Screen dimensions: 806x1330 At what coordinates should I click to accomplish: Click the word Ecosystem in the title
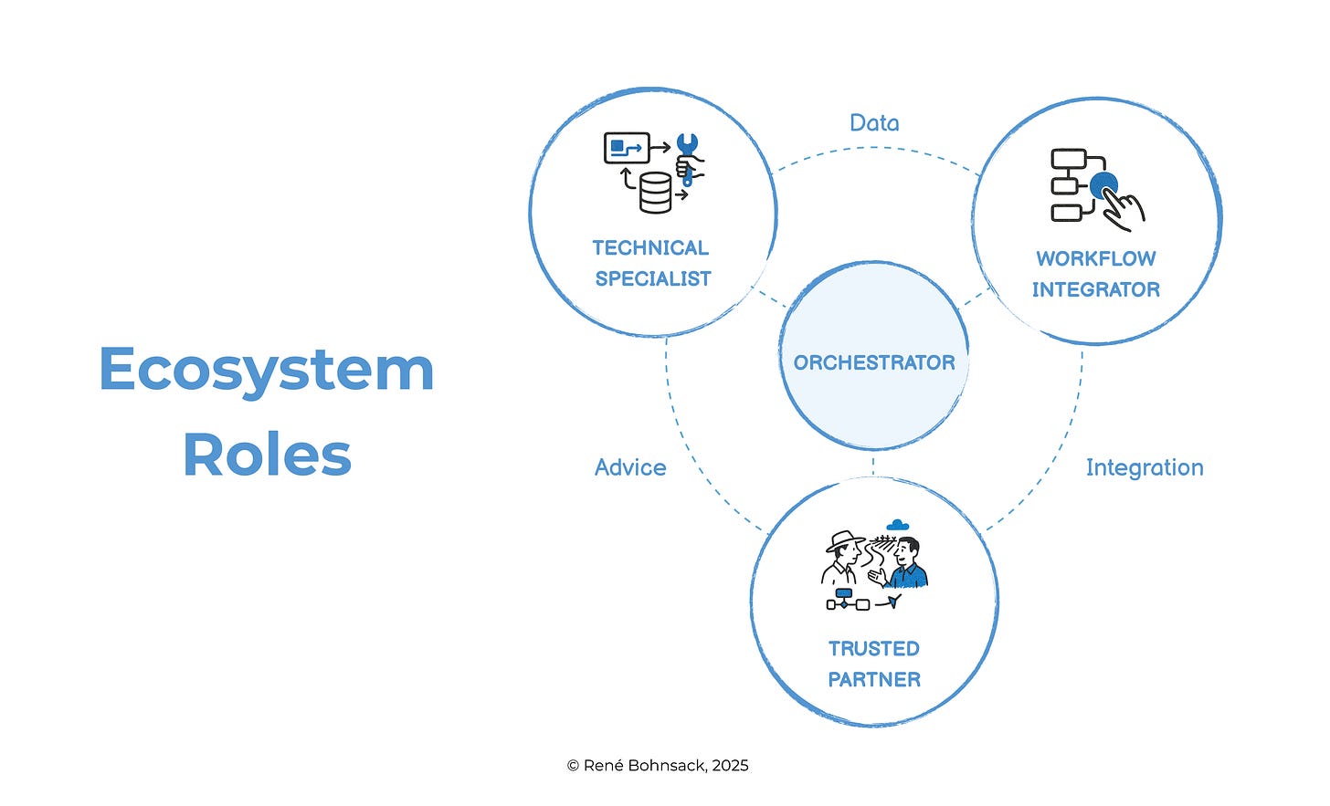pyautogui.click(x=266, y=370)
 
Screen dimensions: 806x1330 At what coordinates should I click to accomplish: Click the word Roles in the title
pyautogui.click(x=267, y=455)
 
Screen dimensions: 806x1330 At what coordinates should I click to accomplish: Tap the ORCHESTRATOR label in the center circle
pyautogui.click(x=873, y=362)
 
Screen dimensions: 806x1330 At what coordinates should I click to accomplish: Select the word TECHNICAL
pyautogui.click(x=650, y=248)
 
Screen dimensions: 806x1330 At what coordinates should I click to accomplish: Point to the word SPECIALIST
pyautogui.click(x=652, y=279)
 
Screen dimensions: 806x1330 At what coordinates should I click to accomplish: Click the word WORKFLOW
pyautogui.click(x=1095, y=259)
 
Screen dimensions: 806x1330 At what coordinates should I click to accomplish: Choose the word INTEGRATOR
pyautogui.click(x=1095, y=290)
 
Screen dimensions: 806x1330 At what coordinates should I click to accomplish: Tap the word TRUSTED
pyautogui.click(x=873, y=649)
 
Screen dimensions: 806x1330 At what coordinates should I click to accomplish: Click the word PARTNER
pyautogui.click(x=873, y=680)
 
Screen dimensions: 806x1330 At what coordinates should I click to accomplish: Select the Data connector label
pyautogui.click(x=874, y=123)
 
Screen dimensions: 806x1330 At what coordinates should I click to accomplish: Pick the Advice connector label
pyautogui.click(x=630, y=467)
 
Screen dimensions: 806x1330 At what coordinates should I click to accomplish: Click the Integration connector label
pyautogui.click(x=1144, y=467)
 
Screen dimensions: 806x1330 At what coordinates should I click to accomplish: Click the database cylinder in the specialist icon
pyautogui.click(x=655, y=193)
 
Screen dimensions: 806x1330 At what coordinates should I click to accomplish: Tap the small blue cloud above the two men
pyautogui.click(x=898, y=525)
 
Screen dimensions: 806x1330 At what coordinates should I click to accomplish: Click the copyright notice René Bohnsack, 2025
pyautogui.click(x=657, y=766)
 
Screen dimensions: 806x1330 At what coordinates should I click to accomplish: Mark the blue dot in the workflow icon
pyautogui.click(x=1103, y=185)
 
